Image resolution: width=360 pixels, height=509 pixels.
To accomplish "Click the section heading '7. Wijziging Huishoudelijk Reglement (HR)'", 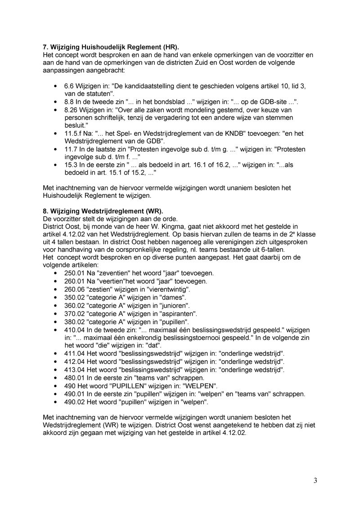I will coord(111,47).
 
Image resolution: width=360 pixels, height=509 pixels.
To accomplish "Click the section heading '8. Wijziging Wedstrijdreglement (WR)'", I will coord(103,211).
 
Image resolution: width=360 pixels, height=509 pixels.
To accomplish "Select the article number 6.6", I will coord(69,86).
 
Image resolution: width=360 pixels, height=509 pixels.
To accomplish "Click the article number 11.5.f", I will coord(74,134).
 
